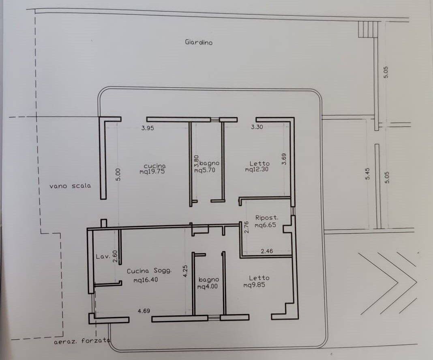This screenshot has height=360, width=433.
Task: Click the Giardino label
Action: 199,42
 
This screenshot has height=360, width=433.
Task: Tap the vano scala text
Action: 70,186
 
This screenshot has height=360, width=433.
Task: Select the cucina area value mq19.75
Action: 152,171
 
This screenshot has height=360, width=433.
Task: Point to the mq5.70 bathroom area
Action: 205,170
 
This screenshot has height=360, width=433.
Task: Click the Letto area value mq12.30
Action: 257,169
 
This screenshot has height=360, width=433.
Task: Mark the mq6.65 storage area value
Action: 266,225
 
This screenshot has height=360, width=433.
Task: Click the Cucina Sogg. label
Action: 149,271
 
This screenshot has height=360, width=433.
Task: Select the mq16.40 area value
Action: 146,280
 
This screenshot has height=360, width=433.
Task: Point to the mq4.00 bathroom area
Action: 208,287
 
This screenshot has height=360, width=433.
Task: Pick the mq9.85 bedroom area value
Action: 254,285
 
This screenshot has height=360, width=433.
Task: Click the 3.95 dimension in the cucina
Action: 148,128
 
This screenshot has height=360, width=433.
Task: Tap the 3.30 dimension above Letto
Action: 257,127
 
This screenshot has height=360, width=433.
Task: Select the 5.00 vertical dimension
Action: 118,175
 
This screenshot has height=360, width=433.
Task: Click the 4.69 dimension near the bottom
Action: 144,311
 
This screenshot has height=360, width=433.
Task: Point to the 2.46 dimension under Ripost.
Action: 267,251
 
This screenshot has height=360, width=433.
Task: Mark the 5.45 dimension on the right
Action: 367,174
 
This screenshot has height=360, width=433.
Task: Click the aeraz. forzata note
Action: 82,341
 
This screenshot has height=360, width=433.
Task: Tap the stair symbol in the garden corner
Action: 368,29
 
